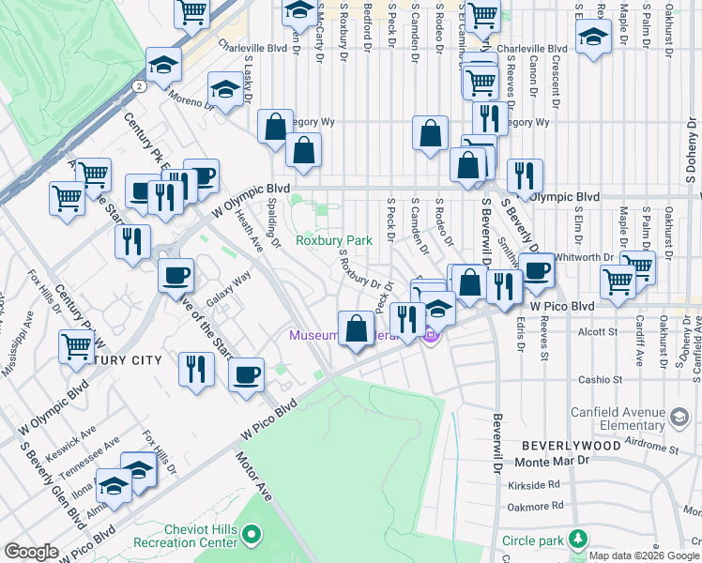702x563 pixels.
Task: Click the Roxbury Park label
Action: click(x=334, y=240)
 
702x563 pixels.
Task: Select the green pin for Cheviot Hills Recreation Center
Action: click(x=251, y=535)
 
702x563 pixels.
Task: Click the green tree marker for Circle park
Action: click(x=580, y=540)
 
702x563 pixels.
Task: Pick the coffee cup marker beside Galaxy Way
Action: click(x=176, y=276)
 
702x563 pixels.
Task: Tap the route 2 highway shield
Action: click(x=139, y=86)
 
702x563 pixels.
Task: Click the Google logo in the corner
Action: click(x=31, y=552)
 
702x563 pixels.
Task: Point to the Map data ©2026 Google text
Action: click(x=645, y=555)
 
